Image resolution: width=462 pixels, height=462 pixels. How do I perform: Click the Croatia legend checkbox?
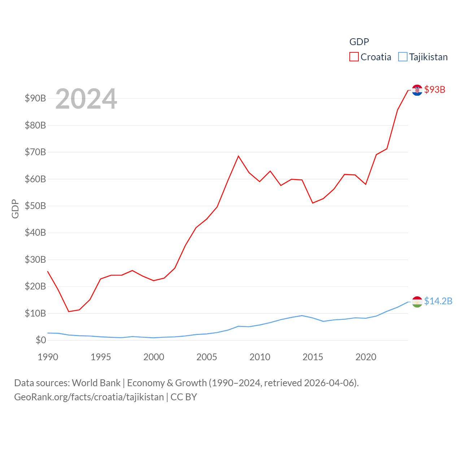(x=354, y=57)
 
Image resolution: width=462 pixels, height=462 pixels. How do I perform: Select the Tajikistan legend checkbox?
(x=403, y=57)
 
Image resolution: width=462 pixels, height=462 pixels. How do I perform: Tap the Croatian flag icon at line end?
(x=417, y=90)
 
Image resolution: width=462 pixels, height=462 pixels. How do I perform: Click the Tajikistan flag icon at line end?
(x=417, y=302)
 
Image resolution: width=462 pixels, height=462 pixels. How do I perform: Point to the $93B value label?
(x=435, y=90)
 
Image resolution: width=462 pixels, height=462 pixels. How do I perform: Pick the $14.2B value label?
(x=438, y=301)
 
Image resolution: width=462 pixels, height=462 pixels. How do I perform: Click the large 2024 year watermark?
(x=86, y=99)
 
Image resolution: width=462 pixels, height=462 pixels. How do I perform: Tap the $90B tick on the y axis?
(x=35, y=98)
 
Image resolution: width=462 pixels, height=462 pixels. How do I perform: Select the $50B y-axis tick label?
(x=35, y=206)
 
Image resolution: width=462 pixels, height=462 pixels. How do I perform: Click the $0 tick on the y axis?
(x=41, y=340)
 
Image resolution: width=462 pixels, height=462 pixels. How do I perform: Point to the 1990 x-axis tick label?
(x=48, y=357)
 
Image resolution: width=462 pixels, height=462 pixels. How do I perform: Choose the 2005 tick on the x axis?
(x=207, y=357)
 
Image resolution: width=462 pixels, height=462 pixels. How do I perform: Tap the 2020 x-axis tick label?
(x=366, y=357)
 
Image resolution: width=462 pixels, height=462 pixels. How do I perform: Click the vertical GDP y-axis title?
(x=15, y=209)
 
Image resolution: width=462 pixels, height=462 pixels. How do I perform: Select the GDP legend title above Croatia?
(x=359, y=42)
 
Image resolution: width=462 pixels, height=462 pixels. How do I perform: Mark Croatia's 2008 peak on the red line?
(x=238, y=156)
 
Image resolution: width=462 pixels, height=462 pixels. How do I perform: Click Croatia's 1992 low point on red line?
(x=69, y=311)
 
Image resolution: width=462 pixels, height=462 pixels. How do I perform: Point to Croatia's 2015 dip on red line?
(x=313, y=203)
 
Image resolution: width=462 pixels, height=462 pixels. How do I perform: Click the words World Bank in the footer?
(x=96, y=383)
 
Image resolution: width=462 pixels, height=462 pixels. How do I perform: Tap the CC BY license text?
(x=184, y=397)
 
